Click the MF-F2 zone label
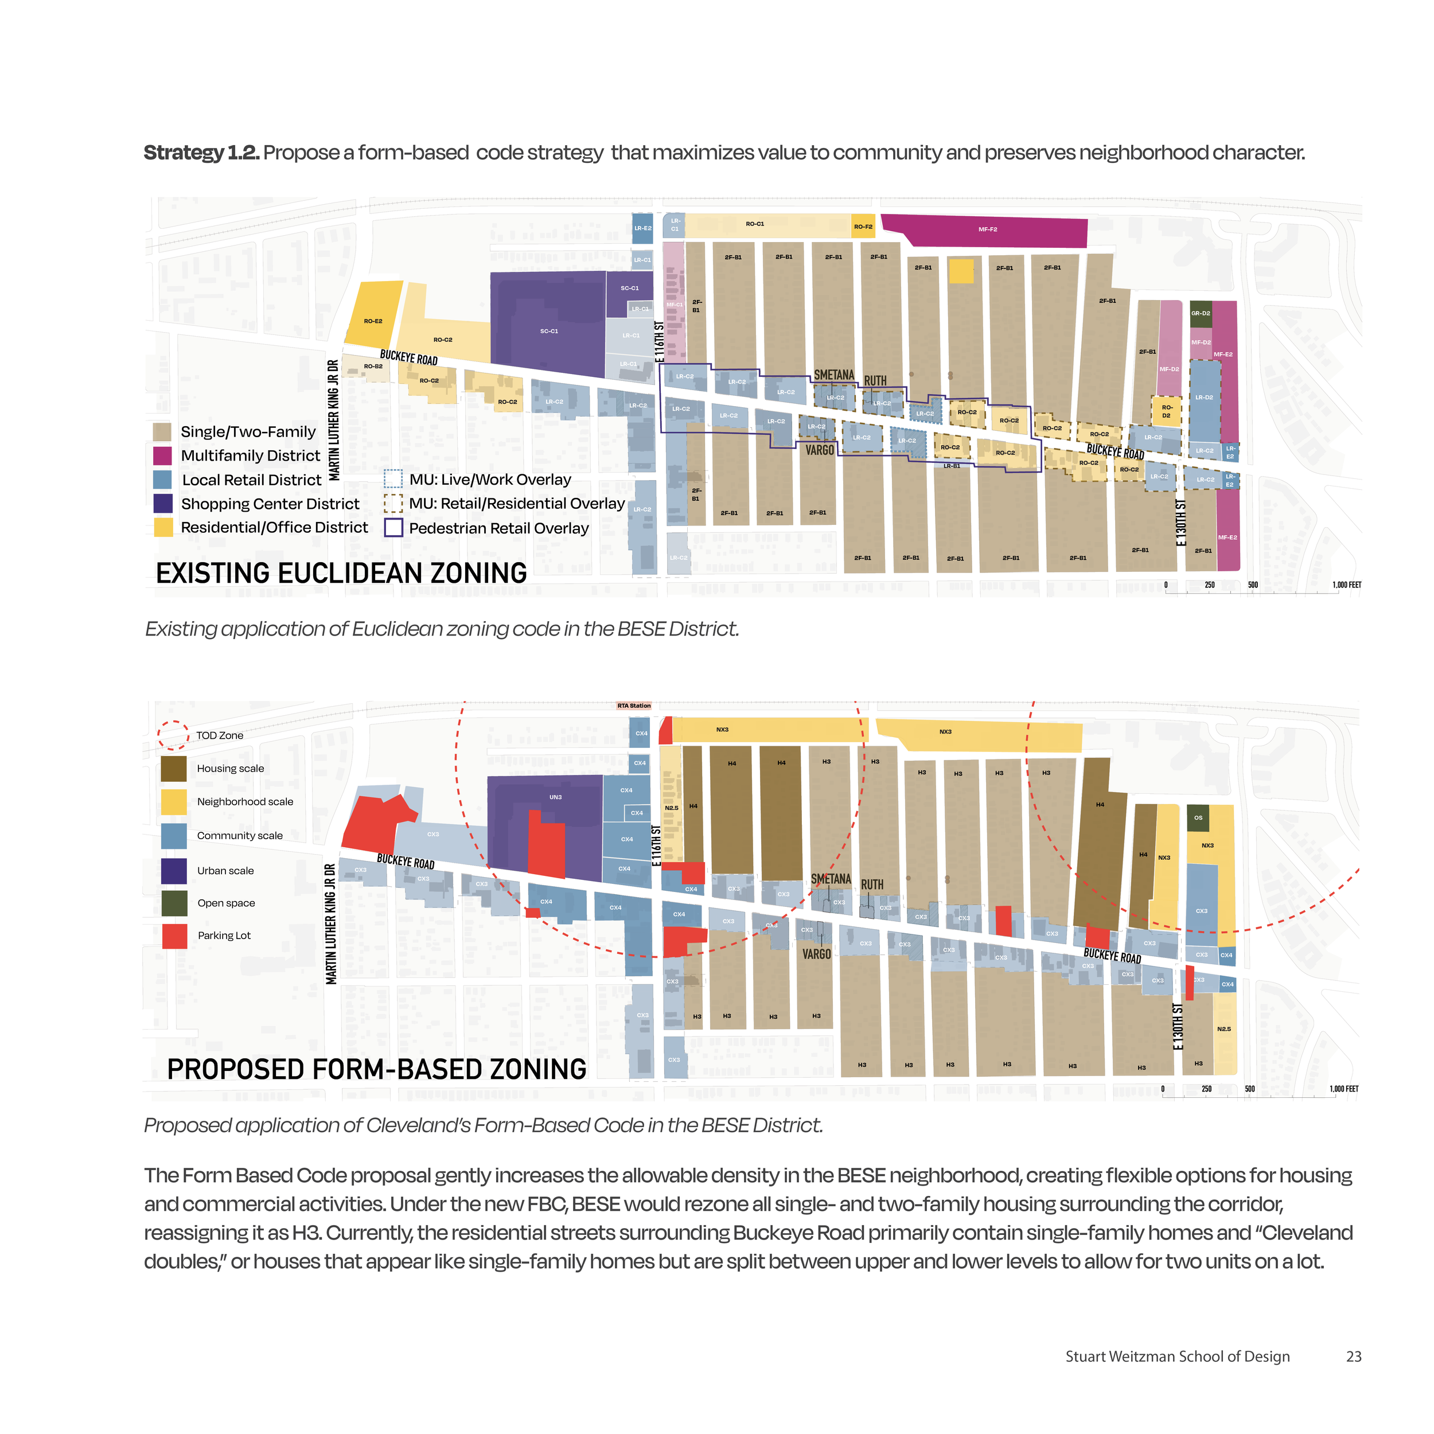pos(987,230)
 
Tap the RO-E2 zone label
pos(373,321)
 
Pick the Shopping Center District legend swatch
pos(162,503)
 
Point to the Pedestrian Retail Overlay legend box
pos(393,528)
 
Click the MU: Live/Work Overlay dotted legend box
pos(393,480)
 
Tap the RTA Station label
pos(633,706)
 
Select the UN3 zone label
pos(555,797)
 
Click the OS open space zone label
pos(1198,817)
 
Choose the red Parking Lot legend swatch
pos(174,936)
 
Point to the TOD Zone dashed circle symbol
pos(173,735)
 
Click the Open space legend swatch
pos(174,902)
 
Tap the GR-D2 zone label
pos(1200,313)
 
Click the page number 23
pos(1353,1357)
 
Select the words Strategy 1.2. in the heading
pos(201,153)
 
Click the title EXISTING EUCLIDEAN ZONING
pos(341,573)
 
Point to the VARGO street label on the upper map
pos(820,450)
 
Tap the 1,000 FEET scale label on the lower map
pos(1343,1089)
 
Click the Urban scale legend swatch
pos(174,871)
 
